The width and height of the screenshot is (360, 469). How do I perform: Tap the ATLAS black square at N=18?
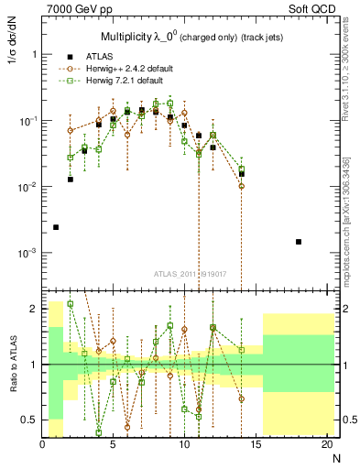pos(299,242)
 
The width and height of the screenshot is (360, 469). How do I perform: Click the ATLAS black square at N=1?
pos(56,227)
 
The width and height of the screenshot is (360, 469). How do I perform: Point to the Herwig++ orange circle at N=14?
pos(241,186)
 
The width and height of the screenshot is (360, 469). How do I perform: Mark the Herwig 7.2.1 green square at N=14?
pos(242,169)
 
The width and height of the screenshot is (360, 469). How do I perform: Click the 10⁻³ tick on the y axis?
pos(28,253)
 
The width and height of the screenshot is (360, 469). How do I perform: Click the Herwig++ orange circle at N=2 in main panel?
pos(71,131)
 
